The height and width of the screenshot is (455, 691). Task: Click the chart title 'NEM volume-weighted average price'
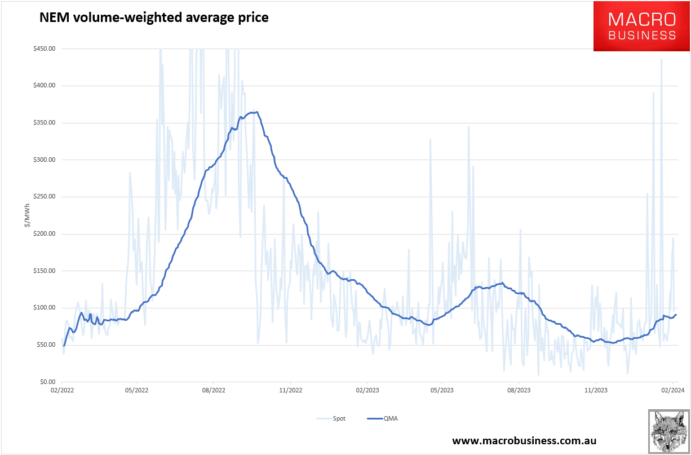pos(153,18)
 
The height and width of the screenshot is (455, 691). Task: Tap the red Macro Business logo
pos(641,26)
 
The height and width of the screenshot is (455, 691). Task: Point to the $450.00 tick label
pos(44,48)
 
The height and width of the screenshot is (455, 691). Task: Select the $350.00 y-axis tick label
pos(44,123)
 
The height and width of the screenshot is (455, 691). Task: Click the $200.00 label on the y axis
pos(44,234)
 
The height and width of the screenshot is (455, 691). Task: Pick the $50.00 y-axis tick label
pos(45,345)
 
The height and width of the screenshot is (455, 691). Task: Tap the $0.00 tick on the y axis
pos(46,382)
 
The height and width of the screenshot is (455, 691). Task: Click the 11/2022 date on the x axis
pos(289,390)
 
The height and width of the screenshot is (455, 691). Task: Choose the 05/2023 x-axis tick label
pos(442,390)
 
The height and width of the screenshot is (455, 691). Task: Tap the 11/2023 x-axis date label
pos(596,390)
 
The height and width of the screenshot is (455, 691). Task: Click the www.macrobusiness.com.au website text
pos(524,440)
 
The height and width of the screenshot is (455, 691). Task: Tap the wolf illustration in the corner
pos(668,431)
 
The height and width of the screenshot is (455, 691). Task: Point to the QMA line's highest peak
pos(257,112)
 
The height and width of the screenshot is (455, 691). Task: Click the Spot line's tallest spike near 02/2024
pos(661,59)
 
